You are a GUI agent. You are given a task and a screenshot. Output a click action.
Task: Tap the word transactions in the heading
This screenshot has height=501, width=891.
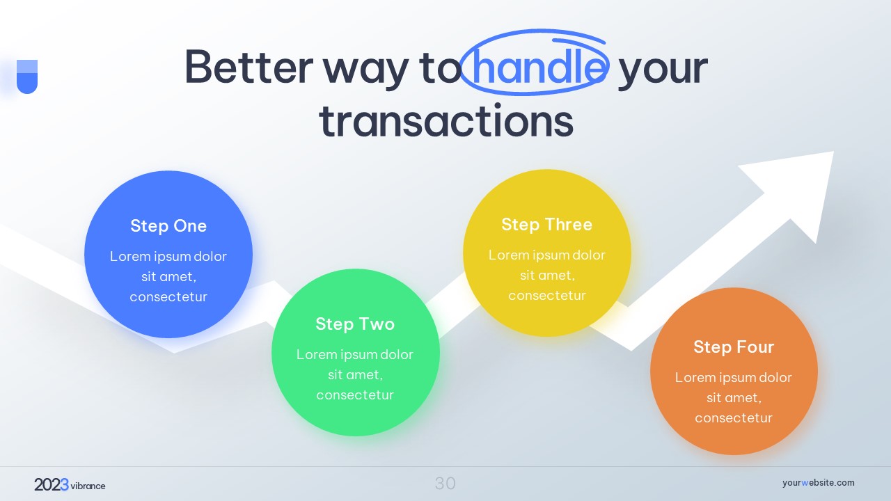[x=446, y=120]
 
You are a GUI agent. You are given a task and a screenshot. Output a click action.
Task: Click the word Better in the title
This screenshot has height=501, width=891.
[x=249, y=66]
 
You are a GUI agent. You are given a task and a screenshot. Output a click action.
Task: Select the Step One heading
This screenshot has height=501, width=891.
[x=168, y=226]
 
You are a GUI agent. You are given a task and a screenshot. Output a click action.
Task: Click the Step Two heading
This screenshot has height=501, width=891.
[x=355, y=324]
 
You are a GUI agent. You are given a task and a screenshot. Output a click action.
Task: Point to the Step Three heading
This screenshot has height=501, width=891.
[x=547, y=224]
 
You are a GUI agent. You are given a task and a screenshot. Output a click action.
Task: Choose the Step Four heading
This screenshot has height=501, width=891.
[x=734, y=347]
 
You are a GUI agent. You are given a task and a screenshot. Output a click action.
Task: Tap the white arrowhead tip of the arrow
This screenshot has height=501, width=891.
[x=833, y=152]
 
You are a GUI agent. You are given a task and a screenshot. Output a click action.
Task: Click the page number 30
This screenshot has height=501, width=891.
[x=445, y=484]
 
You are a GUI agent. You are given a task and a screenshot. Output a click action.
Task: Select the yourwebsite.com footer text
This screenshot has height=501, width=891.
[x=818, y=483]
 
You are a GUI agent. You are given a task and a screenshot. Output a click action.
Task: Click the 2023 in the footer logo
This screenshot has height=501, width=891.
[x=52, y=485]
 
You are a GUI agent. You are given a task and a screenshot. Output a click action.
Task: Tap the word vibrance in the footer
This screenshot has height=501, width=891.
[x=88, y=486]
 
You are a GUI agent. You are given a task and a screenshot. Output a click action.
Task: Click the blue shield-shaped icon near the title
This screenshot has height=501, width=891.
[x=27, y=77]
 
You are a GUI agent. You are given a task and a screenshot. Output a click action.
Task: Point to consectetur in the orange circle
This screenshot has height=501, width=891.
[x=734, y=418]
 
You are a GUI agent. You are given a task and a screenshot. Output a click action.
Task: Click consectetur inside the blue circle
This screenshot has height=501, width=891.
[x=168, y=296]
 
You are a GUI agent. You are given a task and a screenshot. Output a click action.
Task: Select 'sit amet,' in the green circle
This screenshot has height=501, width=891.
[x=355, y=374]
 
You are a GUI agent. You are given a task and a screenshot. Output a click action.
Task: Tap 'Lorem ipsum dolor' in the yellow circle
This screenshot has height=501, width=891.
[x=547, y=255]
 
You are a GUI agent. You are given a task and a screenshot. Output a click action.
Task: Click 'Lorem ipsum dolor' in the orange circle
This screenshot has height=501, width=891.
[x=734, y=377]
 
